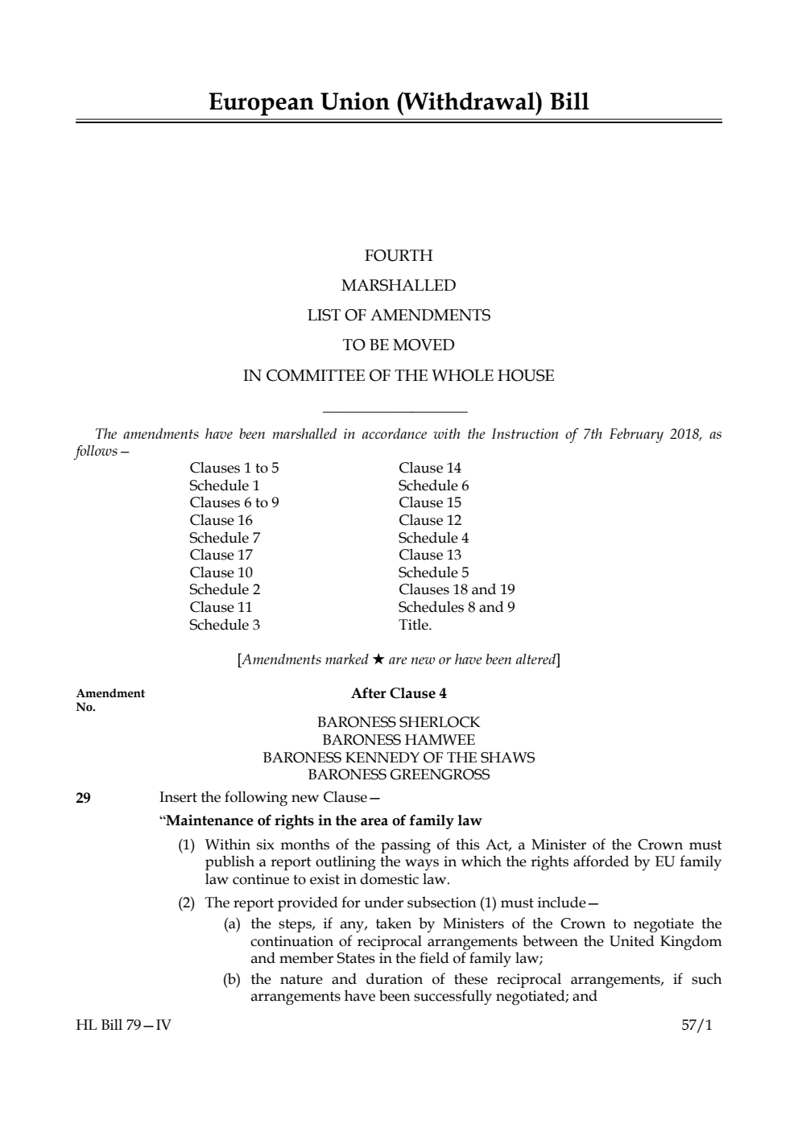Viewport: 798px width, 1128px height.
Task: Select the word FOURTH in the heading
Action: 399,256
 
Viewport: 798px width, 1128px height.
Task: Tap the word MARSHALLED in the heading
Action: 399,286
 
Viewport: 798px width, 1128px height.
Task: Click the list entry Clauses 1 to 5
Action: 234,468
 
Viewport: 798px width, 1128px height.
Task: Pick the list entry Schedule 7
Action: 225,538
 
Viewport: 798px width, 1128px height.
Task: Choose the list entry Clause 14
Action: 430,468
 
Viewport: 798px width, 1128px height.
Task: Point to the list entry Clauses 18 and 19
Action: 457,589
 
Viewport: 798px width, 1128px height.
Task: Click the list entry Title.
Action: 415,625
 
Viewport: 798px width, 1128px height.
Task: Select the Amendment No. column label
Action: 110,700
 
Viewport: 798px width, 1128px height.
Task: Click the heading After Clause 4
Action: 399,693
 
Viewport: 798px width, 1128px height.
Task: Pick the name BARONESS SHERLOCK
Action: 399,722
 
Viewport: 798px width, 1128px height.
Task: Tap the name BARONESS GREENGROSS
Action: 399,775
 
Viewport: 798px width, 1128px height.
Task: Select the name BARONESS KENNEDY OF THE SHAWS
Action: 399,758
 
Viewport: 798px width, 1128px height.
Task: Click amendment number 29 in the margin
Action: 83,798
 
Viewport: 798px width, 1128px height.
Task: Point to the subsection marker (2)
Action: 187,903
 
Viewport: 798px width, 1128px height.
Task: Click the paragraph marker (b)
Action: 232,980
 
